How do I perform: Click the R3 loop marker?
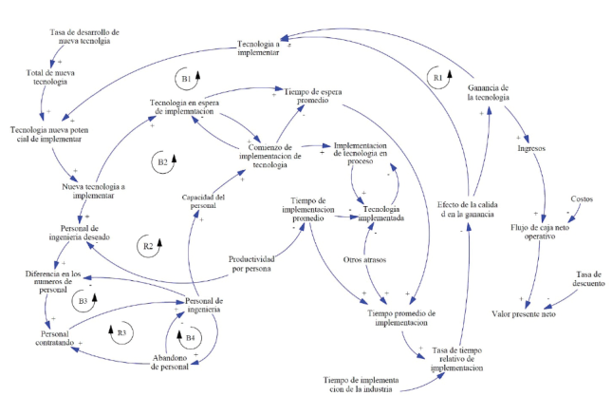116,332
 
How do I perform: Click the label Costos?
582,198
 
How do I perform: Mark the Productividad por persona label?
250,263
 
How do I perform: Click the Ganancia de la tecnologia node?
490,93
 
